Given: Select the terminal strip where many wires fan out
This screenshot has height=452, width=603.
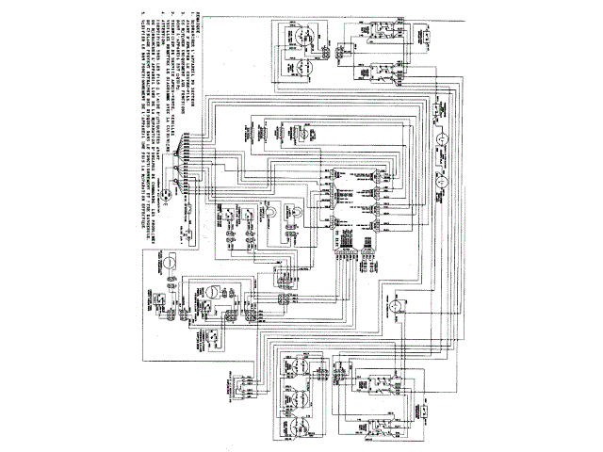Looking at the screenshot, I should pos(188,151).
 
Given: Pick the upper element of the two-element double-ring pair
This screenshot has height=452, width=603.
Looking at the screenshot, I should pos(302,39).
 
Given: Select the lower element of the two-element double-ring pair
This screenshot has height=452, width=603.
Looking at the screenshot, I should pos(302,66).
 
